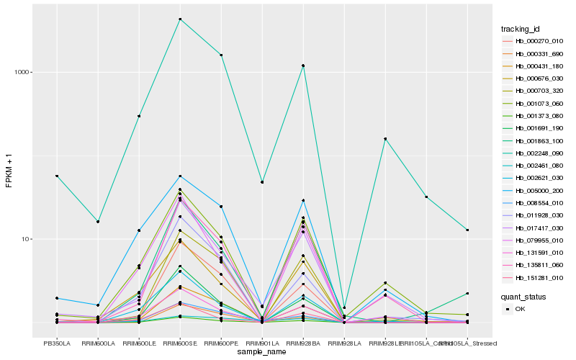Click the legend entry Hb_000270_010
coord(534,41)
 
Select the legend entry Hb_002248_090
coord(534,153)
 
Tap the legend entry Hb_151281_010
coord(534,278)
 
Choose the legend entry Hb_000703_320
coord(534,91)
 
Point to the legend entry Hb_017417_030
coord(534,228)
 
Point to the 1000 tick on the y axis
coord(21,72)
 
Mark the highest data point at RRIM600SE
coord(180,19)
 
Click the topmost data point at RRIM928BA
coord(303,66)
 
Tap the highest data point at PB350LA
coord(57,176)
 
